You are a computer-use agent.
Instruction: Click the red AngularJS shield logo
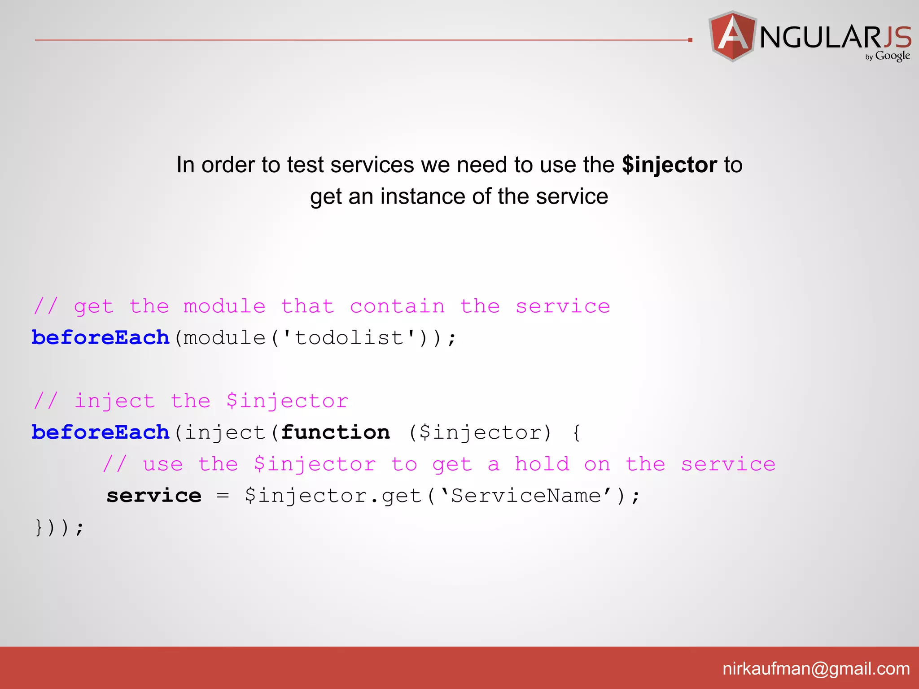(732, 36)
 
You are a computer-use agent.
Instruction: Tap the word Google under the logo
(892, 56)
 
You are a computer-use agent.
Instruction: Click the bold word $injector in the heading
(669, 165)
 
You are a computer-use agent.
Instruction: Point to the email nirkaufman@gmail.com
(816, 669)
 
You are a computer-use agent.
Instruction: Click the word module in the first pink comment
(224, 307)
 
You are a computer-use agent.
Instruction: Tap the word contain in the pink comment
(397, 307)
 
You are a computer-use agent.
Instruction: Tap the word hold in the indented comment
(542, 464)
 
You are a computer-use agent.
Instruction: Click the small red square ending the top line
(690, 40)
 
